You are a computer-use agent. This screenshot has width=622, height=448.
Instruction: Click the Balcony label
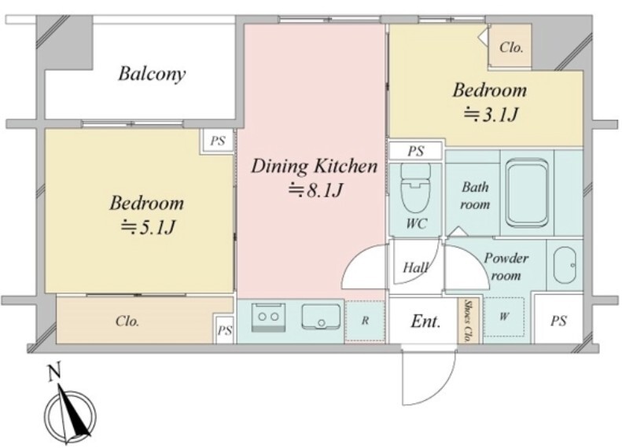[x=152, y=74]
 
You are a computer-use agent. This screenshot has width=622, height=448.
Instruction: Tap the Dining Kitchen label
[x=315, y=166]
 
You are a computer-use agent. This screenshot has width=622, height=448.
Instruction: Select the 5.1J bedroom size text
[x=148, y=227]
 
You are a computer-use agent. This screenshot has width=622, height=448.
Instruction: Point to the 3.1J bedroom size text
[x=491, y=115]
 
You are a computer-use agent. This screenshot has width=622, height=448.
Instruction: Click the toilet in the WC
[x=416, y=189]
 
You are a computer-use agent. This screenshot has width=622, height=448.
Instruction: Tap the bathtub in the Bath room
[x=527, y=193]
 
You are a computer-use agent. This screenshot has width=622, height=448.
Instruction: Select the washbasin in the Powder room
[x=565, y=265]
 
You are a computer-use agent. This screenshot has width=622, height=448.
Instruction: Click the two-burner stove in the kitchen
[x=269, y=317]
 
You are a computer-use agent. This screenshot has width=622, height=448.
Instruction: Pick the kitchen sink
[x=321, y=317]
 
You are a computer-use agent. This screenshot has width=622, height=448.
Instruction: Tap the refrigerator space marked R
[x=365, y=321]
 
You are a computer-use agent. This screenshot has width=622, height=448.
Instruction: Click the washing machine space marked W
[x=504, y=316]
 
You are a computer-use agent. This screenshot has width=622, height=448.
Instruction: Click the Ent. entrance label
[x=425, y=321]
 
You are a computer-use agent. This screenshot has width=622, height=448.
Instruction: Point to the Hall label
[x=415, y=268]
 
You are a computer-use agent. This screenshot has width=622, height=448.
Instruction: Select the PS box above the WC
[x=416, y=151]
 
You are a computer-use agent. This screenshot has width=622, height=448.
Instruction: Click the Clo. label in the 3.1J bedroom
[x=511, y=48]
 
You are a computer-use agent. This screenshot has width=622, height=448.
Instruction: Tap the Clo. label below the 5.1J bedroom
[x=127, y=321]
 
